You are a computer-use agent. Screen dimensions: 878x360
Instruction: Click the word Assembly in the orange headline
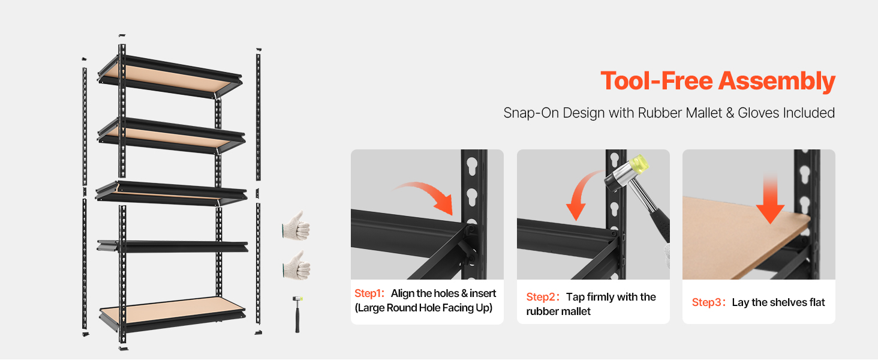(x=777, y=82)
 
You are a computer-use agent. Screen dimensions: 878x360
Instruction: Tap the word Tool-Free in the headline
(x=657, y=81)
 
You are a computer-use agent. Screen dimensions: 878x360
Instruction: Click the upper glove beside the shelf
(x=296, y=226)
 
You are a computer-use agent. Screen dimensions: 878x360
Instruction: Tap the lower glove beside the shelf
(x=297, y=266)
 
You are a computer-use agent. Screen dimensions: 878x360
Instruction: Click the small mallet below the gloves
(x=297, y=314)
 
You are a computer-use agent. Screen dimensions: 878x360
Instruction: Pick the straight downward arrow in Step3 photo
(x=770, y=199)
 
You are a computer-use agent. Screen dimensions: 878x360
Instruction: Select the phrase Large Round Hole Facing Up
(x=423, y=308)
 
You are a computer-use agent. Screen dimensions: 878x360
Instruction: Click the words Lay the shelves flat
(x=778, y=302)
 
